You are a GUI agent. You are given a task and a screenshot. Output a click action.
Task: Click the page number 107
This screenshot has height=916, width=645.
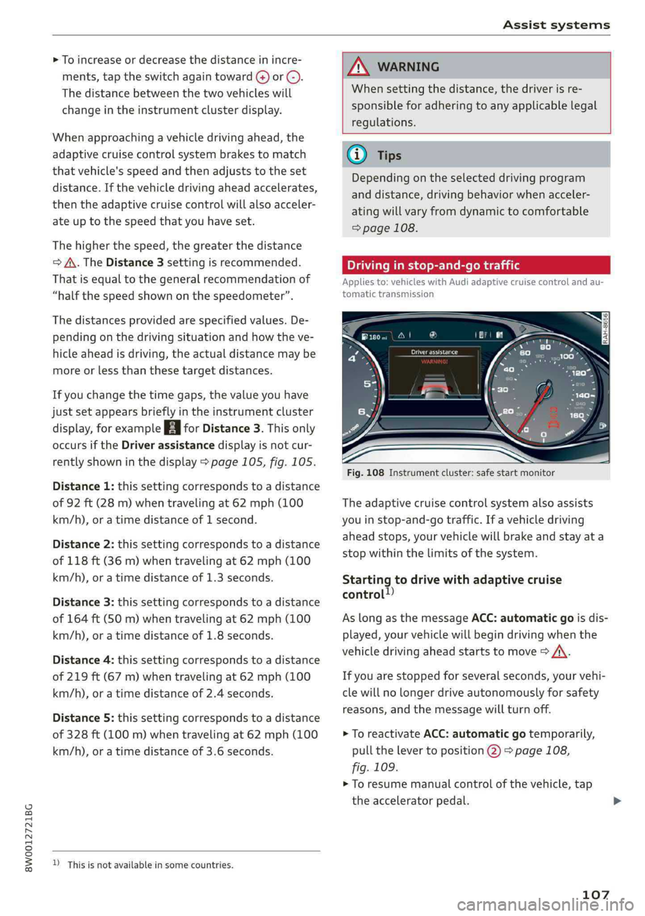tap(595, 894)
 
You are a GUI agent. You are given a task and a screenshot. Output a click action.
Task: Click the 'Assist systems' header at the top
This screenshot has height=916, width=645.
tap(556, 25)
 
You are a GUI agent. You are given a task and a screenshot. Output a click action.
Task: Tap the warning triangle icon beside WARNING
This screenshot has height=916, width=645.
tap(359, 67)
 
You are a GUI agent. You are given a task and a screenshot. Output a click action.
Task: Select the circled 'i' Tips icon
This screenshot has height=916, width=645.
tap(357, 155)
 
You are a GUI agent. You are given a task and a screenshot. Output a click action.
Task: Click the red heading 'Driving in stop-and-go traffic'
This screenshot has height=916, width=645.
tap(433, 265)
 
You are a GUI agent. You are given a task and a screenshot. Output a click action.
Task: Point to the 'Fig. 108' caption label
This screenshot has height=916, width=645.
tap(365, 472)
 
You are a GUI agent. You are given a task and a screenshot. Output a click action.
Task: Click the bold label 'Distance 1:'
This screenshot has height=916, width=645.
tap(83, 486)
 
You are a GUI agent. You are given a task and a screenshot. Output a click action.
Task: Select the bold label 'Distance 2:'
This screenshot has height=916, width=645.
tap(83, 544)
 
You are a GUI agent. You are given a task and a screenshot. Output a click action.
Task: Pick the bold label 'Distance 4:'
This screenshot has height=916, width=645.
tap(83, 660)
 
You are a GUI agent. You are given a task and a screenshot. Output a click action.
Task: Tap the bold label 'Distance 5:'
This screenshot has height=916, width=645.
tap(83, 718)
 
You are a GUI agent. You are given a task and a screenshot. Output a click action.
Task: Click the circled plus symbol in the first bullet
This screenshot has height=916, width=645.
tap(262, 77)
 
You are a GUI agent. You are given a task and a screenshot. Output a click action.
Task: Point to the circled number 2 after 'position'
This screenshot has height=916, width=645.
tap(494, 751)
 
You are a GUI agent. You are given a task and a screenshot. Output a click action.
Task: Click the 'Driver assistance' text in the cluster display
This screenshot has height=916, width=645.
tap(434, 351)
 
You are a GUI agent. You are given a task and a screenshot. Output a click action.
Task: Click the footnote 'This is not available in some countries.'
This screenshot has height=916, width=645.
tap(150, 865)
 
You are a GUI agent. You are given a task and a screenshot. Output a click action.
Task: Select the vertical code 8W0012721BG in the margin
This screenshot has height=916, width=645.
tap(28, 837)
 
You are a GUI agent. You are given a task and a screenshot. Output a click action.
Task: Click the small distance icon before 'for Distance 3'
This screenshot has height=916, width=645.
tap(173, 428)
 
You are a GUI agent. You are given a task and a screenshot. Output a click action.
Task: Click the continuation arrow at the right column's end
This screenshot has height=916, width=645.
tap(617, 800)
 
